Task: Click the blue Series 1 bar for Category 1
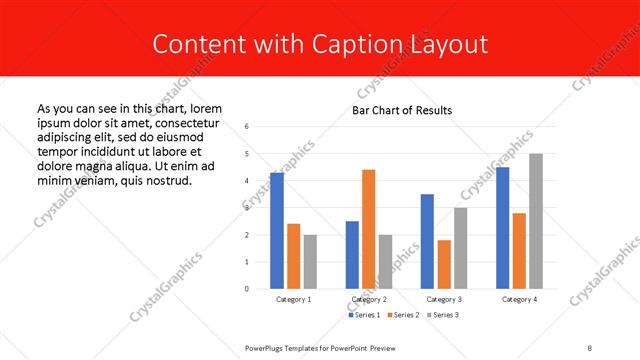click(277, 231)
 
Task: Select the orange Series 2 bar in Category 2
click(368, 229)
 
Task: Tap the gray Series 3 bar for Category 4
click(536, 221)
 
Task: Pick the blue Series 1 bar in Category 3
click(427, 241)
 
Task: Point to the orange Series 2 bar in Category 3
click(443, 264)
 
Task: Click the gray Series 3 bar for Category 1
click(310, 262)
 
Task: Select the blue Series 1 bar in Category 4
click(502, 228)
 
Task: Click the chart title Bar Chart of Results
click(402, 110)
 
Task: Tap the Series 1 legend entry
click(363, 316)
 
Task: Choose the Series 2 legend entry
click(403, 316)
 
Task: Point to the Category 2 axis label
click(368, 299)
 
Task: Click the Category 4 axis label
click(519, 299)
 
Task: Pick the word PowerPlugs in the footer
click(267, 346)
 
